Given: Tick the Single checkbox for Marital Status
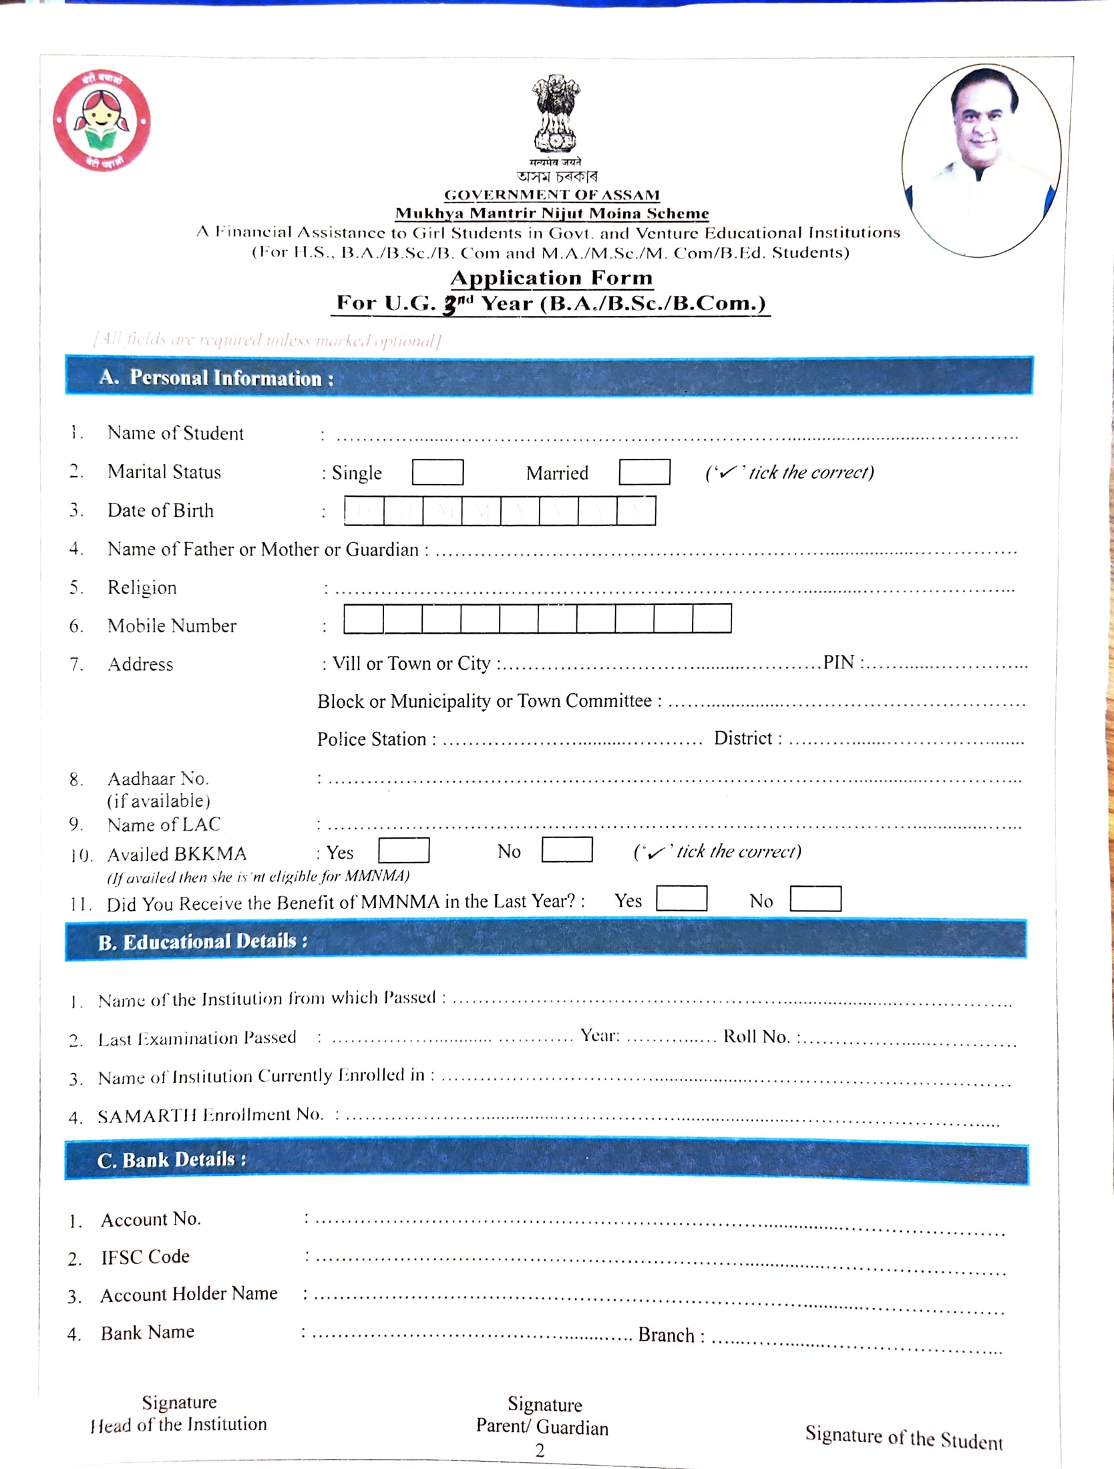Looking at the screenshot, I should (x=437, y=472).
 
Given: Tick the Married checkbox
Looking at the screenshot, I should (x=644, y=471).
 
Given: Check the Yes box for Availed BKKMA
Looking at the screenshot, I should (x=403, y=850).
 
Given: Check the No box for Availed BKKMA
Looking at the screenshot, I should (x=566, y=849).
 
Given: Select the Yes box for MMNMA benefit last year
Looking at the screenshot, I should (x=681, y=898).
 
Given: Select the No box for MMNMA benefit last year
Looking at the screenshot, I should (x=815, y=898).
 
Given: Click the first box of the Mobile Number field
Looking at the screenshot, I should (x=363, y=618).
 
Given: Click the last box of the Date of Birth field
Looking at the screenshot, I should (x=636, y=511).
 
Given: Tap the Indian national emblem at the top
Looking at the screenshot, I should (x=556, y=114).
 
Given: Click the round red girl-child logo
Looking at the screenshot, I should (x=102, y=121).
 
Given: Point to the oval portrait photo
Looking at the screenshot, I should (x=980, y=160).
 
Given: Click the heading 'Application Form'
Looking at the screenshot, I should (x=552, y=278).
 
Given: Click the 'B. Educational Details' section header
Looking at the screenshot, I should (x=202, y=941).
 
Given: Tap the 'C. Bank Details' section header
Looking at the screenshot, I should (x=172, y=1160).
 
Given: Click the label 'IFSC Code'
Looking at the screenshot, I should (x=145, y=1257).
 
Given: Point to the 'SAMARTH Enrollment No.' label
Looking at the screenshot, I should (x=210, y=1115).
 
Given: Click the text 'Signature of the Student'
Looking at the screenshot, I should (x=903, y=1438).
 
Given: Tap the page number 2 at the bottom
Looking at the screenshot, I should (x=540, y=1450).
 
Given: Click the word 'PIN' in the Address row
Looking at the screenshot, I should (x=838, y=662).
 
